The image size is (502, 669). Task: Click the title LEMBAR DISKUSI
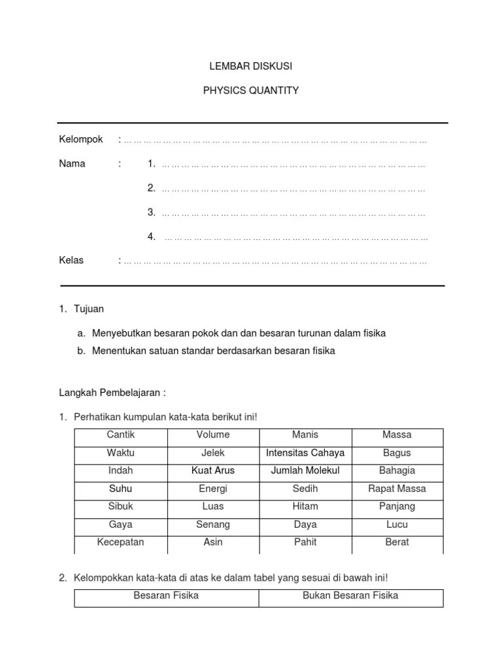click(x=250, y=67)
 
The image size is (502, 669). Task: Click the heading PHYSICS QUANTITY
click(x=250, y=91)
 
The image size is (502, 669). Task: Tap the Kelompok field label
click(x=81, y=140)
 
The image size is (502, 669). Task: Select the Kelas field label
click(x=71, y=261)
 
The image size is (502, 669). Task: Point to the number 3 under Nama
click(x=151, y=212)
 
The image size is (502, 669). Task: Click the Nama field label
click(x=72, y=164)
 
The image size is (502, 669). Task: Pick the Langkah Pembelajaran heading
click(x=112, y=393)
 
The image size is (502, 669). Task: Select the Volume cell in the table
click(x=213, y=435)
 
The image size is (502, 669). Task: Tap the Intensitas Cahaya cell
click(x=305, y=453)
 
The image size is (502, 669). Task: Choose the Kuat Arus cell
click(x=213, y=470)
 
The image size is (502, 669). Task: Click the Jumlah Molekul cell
click(x=305, y=470)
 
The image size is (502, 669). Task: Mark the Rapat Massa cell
click(x=397, y=489)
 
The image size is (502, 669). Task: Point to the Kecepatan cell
click(x=120, y=542)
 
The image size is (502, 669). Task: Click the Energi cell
click(x=213, y=489)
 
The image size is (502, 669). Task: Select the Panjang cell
click(x=397, y=506)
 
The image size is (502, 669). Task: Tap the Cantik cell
click(x=120, y=435)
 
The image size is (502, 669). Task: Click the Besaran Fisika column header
click(x=166, y=596)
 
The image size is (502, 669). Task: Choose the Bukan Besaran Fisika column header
click(x=350, y=596)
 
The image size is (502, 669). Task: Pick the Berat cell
click(x=397, y=542)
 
